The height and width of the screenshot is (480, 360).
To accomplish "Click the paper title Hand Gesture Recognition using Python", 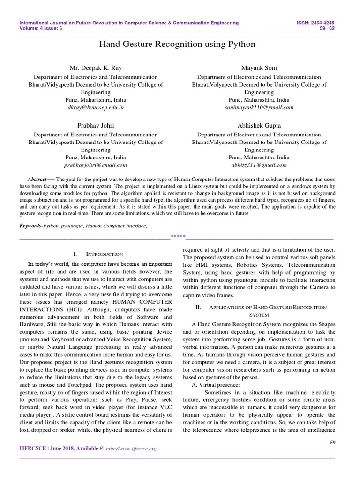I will pyautogui.click(x=178, y=45).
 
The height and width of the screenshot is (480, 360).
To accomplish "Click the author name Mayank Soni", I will pyautogui.click(x=259, y=68).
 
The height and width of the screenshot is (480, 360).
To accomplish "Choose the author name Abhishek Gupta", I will pyautogui.click(x=259, y=125).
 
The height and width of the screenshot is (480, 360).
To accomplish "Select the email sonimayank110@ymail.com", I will pyautogui.click(x=259, y=107).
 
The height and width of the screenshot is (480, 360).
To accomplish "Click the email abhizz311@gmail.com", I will pyautogui.click(x=259, y=165).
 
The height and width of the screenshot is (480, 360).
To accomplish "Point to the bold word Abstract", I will pyautogui.click(x=37, y=180).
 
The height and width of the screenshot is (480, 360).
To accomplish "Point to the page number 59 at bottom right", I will pyautogui.click(x=333, y=442).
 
